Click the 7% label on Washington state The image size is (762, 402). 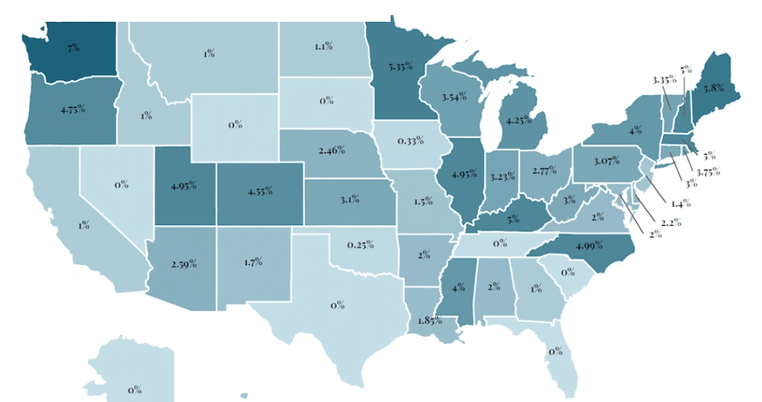[x=72, y=48]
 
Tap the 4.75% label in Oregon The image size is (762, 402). [x=72, y=110]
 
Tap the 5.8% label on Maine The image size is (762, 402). [x=713, y=88]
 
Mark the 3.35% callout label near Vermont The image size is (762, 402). [x=665, y=79]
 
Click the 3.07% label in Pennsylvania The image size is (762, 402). [x=606, y=160]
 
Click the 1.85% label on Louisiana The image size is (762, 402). [x=428, y=320]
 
